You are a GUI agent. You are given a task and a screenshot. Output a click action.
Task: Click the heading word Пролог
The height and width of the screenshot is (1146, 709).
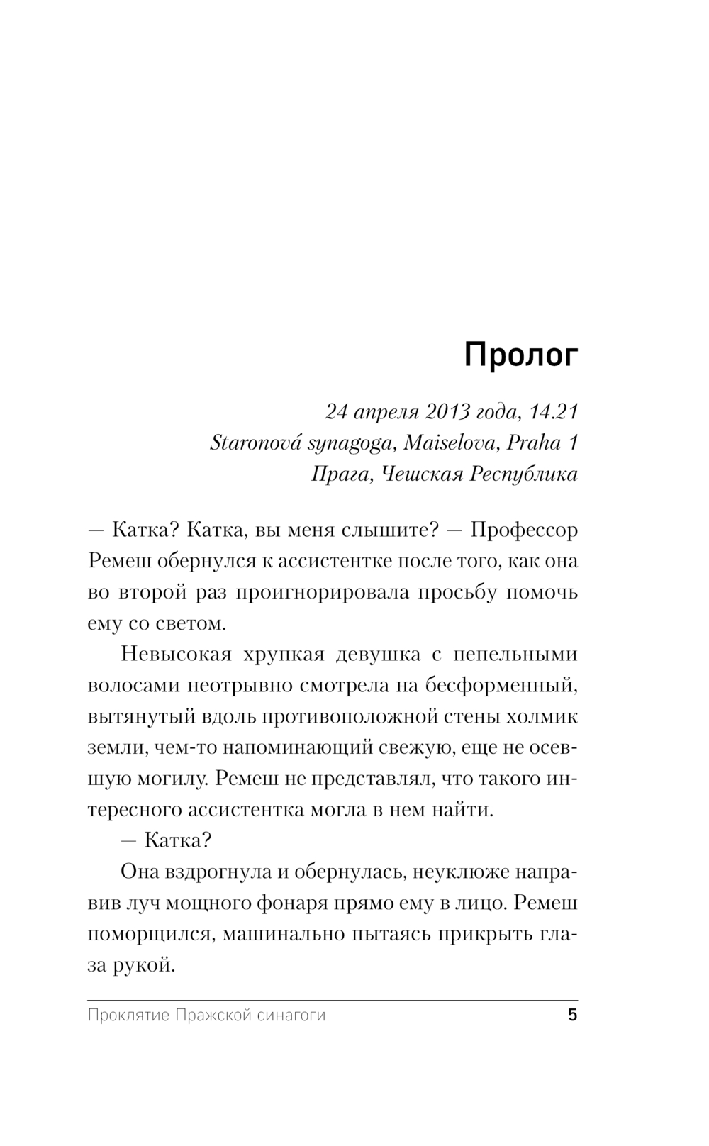point(520,356)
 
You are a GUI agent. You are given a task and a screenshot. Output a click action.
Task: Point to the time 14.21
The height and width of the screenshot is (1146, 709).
point(554,411)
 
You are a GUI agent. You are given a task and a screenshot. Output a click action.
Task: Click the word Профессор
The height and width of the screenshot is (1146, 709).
point(524,530)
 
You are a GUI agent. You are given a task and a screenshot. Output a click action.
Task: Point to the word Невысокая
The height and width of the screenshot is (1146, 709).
point(177,655)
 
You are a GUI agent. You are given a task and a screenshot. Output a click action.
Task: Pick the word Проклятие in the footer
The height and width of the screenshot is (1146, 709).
point(128,1016)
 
